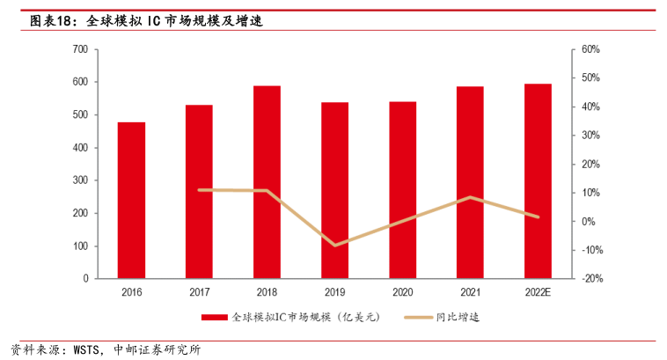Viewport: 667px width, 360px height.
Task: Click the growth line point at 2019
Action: [x=334, y=245]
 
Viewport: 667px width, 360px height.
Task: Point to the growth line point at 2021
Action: [x=471, y=197]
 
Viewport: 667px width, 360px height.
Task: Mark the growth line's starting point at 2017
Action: [x=200, y=190]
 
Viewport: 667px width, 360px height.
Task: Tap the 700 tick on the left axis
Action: [x=79, y=49]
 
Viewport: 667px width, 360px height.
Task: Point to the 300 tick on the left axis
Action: [x=79, y=180]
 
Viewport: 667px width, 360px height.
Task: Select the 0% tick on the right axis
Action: [x=587, y=222]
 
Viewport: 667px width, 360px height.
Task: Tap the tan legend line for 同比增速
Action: [x=420, y=317]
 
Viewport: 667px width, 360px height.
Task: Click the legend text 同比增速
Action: [x=458, y=317]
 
